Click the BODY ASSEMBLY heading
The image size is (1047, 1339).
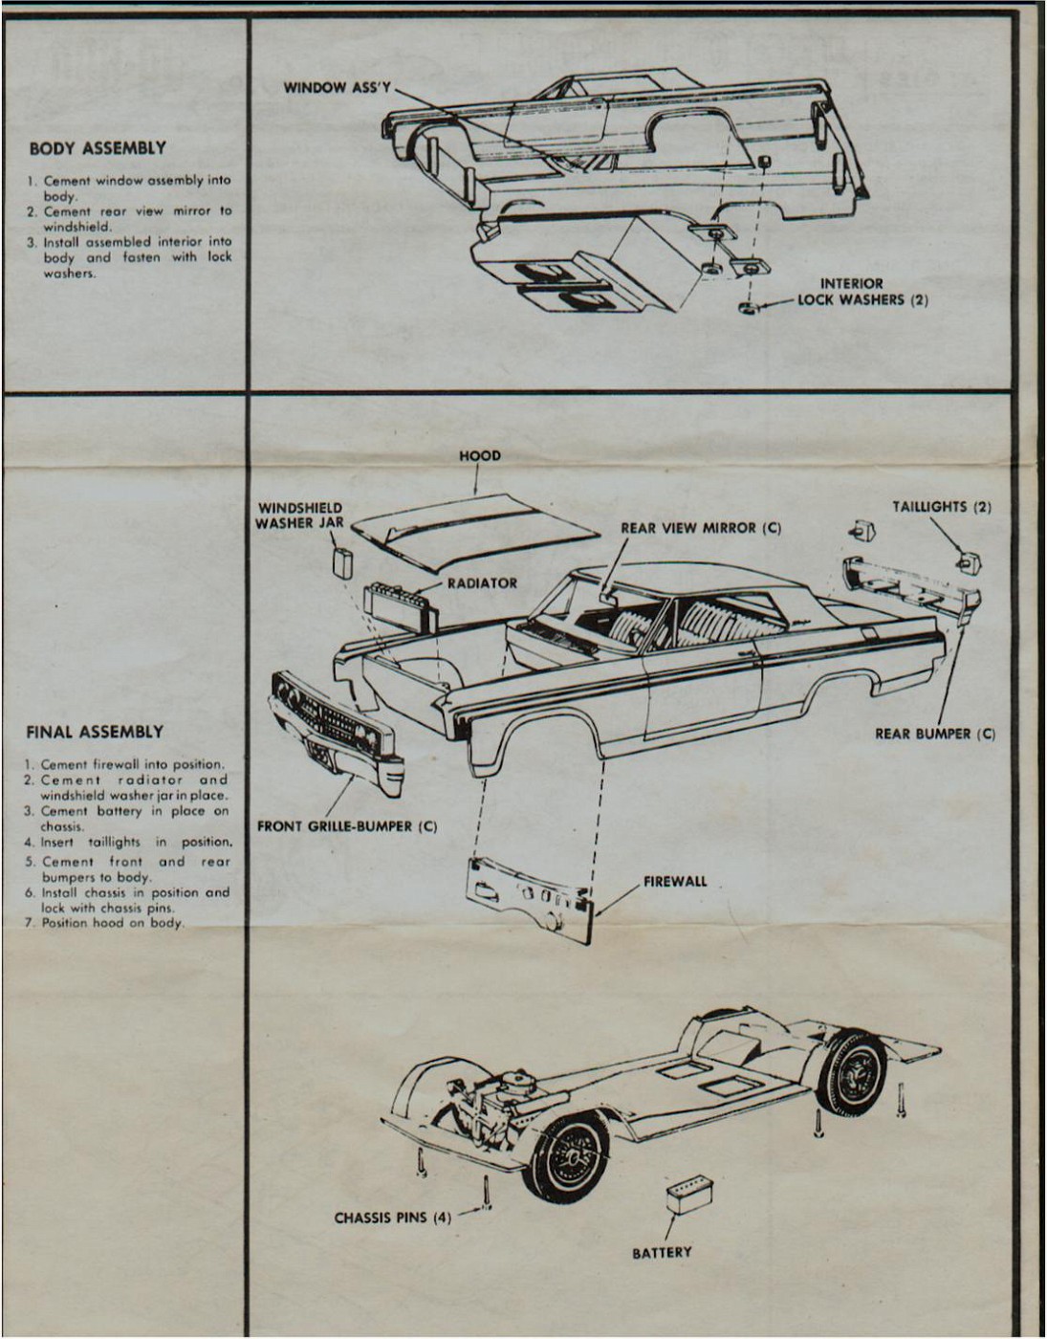(97, 148)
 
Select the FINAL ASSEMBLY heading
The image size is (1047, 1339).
(94, 733)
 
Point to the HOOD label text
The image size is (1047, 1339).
(480, 456)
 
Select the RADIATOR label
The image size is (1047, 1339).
(482, 583)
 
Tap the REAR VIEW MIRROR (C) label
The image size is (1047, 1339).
(701, 528)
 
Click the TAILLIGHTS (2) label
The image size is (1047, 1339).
(942, 507)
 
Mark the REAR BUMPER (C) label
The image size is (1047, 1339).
(935, 735)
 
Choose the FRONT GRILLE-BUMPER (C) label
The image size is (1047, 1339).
(347, 825)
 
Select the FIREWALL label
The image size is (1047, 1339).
(675, 881)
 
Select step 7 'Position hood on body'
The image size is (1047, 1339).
(112, 924)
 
